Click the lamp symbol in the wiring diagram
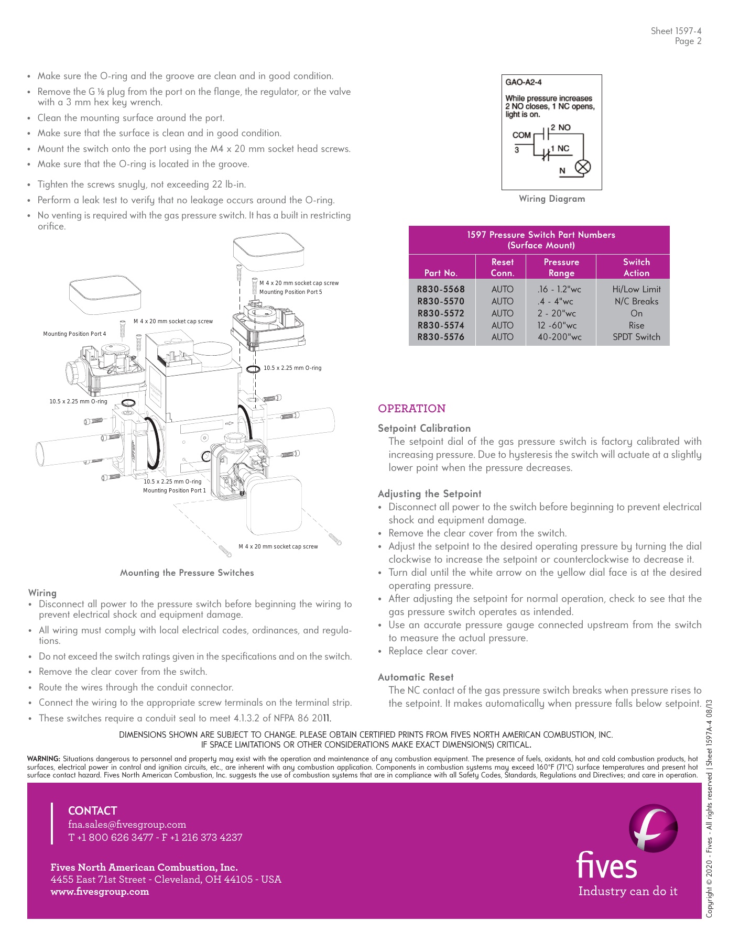pos(583,167)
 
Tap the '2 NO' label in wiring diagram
pos(560,128)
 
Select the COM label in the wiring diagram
pos(521,135)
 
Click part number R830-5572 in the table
pos(441,313)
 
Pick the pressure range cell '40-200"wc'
pos(560,337)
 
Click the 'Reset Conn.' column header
pos(502,267)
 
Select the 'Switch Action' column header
pos(636,267)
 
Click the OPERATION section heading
pos(412,409)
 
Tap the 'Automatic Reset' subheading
pos(416,677)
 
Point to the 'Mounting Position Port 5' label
pos(290,292)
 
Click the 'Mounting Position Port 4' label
pos(74,334)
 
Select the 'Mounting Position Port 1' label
pos(175,490)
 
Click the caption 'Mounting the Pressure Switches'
pos(187,573)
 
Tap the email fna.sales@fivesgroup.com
pos(127,825)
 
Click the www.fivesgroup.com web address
pos(100,892)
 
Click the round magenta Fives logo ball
pos(653,828)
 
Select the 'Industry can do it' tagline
pos(627,891)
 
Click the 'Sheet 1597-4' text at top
pos(676,31)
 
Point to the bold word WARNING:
pos(43,759)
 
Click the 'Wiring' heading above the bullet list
pos(42,593)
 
